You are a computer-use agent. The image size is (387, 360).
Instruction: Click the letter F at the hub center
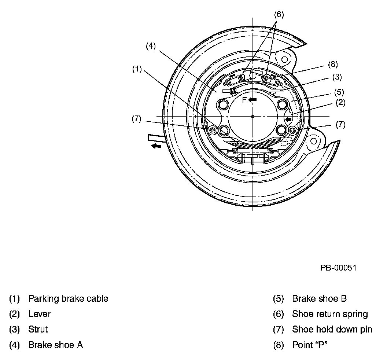pos(244,100)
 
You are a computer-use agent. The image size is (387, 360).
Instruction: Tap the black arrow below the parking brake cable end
pos(156,146)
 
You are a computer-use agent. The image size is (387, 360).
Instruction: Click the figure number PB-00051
pos(338,268)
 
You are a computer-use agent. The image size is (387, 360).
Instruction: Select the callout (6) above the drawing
pos(279,14)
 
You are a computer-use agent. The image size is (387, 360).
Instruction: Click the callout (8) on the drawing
pos(332,65)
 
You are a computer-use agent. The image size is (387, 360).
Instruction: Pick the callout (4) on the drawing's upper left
pos(151,46)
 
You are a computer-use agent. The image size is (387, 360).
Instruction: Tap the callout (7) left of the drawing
pos(137,120)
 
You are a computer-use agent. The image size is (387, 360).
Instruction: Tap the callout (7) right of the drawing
pos(340,125)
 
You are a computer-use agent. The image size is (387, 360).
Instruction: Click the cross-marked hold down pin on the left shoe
pos(212,130)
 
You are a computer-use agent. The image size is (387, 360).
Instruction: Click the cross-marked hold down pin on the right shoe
pos(292,130)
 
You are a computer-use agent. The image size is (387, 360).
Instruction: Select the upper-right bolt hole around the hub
pos(283,104)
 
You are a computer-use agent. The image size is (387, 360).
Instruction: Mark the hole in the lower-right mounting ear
pos(313,142)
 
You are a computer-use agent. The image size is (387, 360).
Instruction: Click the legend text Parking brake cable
pos(68,298)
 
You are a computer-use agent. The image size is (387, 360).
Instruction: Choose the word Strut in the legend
pos(38,329)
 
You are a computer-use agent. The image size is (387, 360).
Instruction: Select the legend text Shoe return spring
pos(330,314)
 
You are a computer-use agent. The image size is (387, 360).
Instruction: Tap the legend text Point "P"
pos(309,345)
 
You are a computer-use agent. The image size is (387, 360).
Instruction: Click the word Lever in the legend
pos(39,314)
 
